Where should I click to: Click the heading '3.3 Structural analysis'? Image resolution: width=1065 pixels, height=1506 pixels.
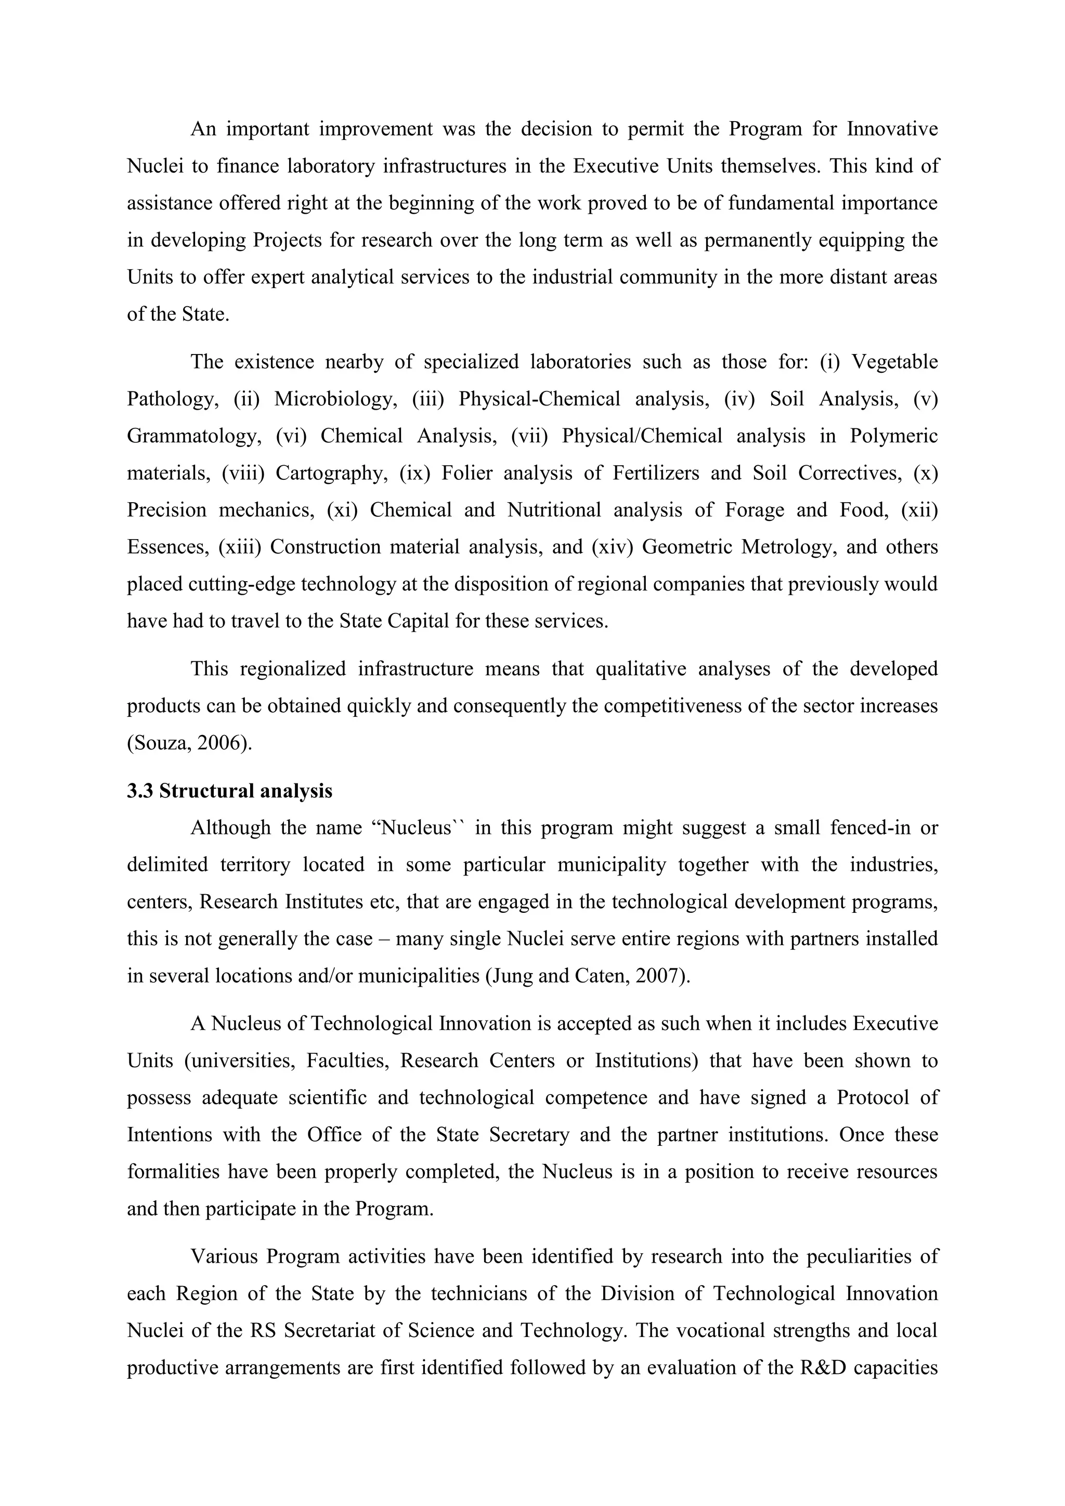(x=230, y=791)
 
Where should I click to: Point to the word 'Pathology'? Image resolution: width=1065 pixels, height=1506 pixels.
(x=172, y=399)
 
